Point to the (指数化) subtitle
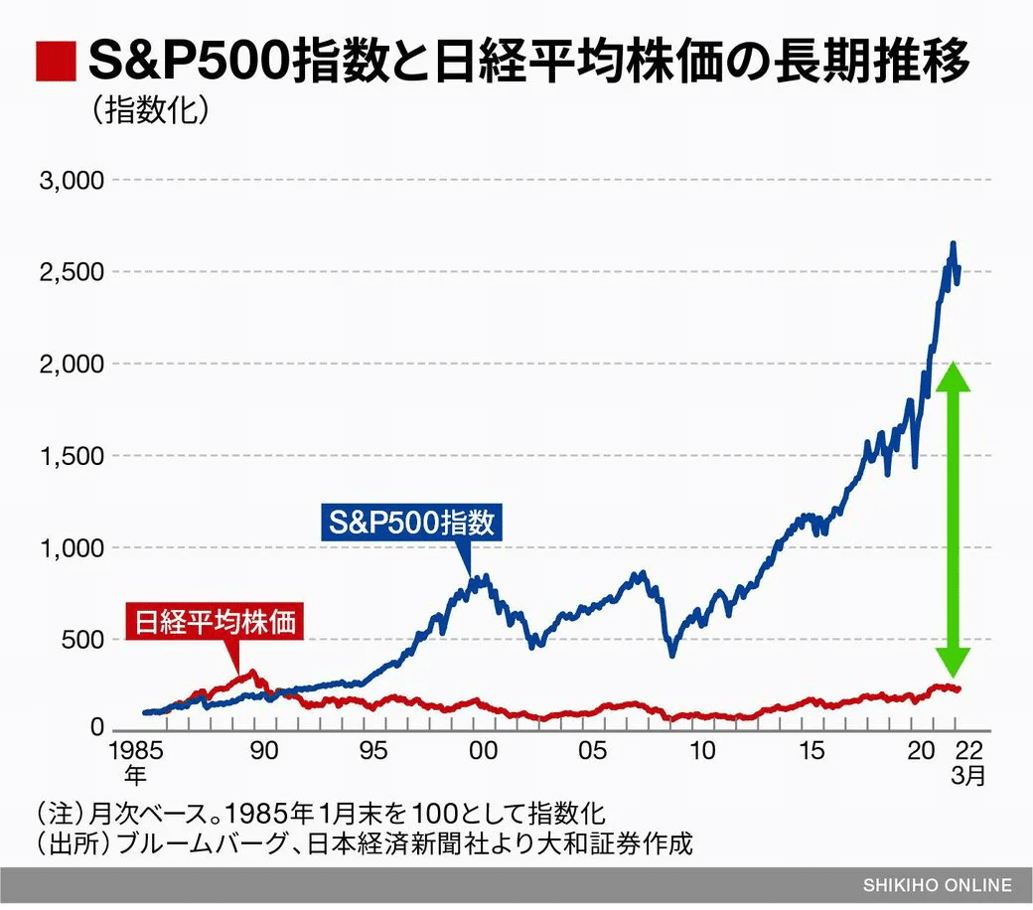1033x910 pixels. (151, 110)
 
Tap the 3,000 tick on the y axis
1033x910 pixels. (71, 181)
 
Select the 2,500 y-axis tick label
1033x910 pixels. (71, 272)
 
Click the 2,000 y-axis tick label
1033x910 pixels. (71, 365)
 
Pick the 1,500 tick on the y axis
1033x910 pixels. (71, 456)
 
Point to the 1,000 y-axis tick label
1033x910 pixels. (71, 547)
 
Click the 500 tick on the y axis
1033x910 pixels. (80, 639)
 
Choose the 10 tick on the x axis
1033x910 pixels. (703, 751)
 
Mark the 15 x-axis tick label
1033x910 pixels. (813, 751)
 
